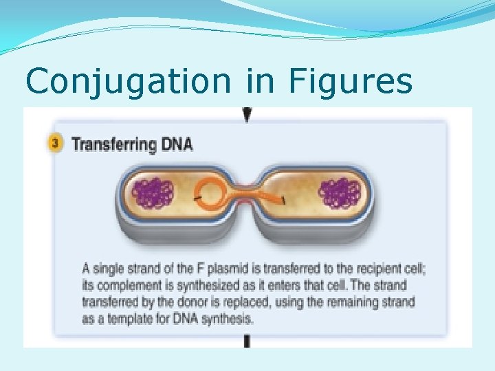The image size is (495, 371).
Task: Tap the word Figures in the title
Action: [x=351, y=82]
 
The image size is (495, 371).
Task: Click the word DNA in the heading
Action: [x=177, y=144]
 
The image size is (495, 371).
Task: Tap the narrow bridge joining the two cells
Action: [x=249, y=197]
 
